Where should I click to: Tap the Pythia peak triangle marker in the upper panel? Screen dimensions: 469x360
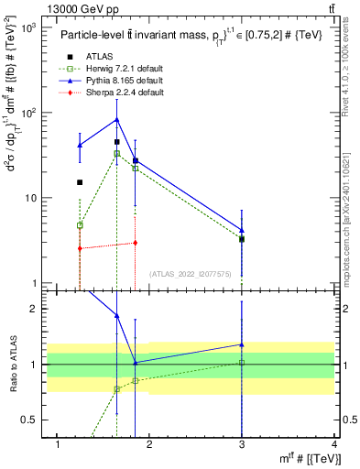(x=116, y=119)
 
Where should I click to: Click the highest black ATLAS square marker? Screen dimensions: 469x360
(x=116, y=142)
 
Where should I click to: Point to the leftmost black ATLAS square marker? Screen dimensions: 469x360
(x=80, y=182)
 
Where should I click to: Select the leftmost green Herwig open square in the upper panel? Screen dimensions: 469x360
(x=80, y=225)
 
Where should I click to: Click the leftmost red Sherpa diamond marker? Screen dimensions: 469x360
(x=80, y=248)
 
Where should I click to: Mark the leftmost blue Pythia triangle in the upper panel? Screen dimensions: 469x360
(x=80, y=146)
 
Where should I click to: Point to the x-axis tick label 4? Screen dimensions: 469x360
(x=334, y=445)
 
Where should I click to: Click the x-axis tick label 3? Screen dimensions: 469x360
(x=242, y=445)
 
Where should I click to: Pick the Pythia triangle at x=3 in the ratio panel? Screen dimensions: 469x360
(x=242, y=345)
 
